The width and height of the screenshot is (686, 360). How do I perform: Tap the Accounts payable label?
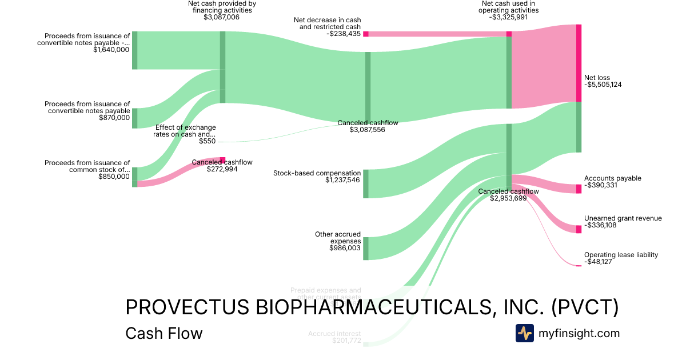612,178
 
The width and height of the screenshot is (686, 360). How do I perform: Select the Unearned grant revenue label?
623,218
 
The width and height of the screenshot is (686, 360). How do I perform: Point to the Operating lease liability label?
621,255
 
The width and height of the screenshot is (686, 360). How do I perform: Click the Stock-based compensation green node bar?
366,184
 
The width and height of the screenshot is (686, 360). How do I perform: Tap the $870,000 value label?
114,118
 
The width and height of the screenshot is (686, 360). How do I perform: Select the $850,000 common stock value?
114,177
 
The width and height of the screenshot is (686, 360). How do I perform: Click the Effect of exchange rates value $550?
207,141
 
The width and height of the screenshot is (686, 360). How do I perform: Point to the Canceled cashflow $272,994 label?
222,169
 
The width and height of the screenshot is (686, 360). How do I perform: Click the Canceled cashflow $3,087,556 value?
368,130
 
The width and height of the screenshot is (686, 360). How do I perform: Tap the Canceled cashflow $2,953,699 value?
508,198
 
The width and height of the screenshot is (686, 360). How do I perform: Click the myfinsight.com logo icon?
524,333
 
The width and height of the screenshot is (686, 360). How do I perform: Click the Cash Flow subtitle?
163,333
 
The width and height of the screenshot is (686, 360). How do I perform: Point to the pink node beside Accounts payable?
579,189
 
